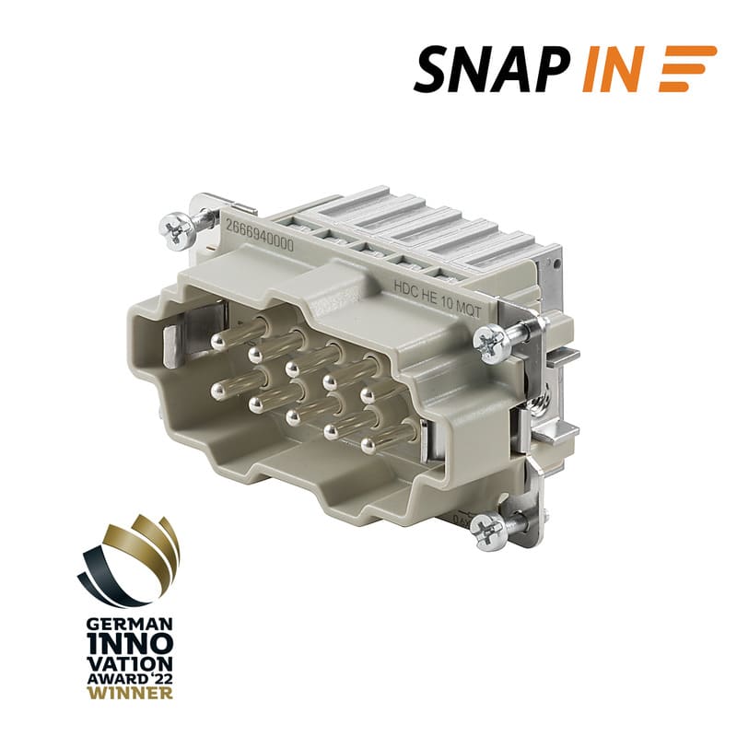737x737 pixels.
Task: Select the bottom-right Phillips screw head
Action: [x=489, y=532]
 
